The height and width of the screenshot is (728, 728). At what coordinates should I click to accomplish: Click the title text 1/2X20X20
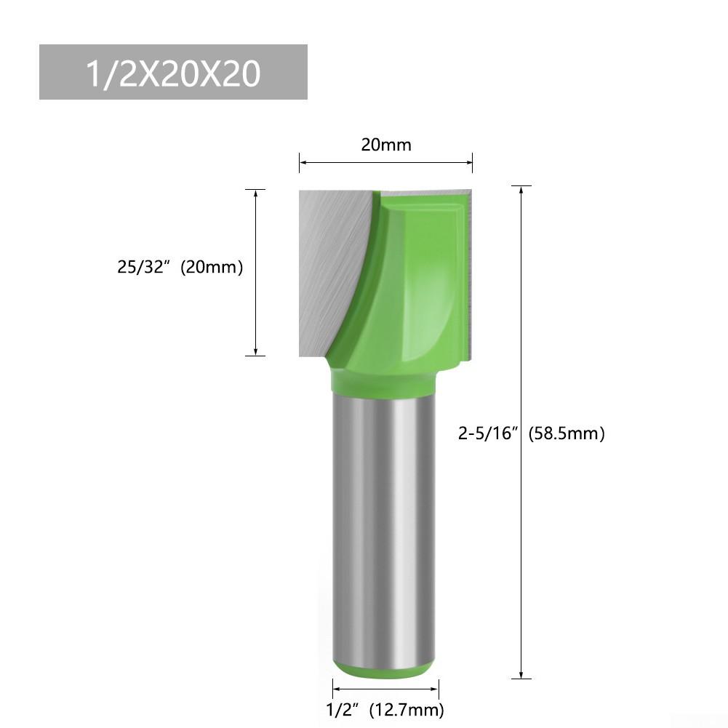pos(172,73)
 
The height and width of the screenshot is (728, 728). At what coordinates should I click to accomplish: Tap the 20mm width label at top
pos(386,145)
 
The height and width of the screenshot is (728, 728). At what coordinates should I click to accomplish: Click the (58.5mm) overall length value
pos(566,434)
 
